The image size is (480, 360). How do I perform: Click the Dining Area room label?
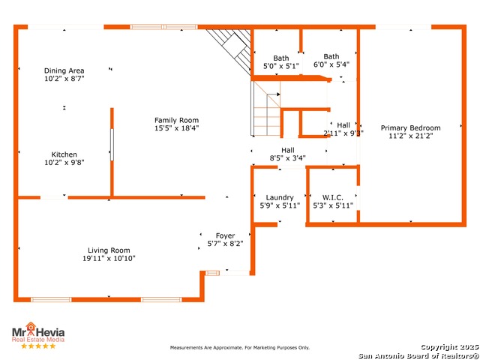(64, 70)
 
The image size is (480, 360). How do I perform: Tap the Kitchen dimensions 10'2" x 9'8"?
(64, 162)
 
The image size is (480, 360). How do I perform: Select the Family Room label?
(176, 120)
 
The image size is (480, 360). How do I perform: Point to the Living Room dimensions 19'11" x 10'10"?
(109, 259)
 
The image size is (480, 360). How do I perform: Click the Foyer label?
(225, 235)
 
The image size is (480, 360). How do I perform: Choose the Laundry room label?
(280, 198)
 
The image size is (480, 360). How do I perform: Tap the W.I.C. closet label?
(332, 198)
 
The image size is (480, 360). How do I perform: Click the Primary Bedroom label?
(410, 127)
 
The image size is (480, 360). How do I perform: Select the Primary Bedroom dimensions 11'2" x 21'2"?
(410, 136)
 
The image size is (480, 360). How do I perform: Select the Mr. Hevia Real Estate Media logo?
(37, 333)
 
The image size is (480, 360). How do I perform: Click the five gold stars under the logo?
(37, 346)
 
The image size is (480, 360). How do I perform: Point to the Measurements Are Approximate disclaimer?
(239, 348)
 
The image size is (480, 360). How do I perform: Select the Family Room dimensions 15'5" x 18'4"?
(176, 128)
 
